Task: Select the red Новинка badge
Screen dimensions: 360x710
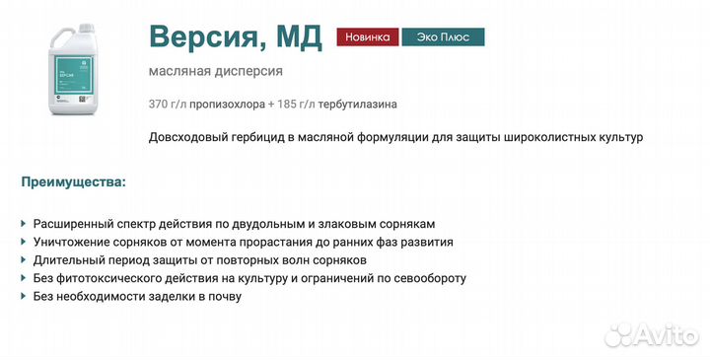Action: (x=367, y=37)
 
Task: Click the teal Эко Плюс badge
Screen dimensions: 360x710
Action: (x=443, y=37)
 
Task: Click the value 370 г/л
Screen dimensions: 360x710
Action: (x=167, y=104)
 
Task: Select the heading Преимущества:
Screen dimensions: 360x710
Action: (x=73, y=182)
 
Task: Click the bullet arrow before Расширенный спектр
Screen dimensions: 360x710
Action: (x=24, y=224)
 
